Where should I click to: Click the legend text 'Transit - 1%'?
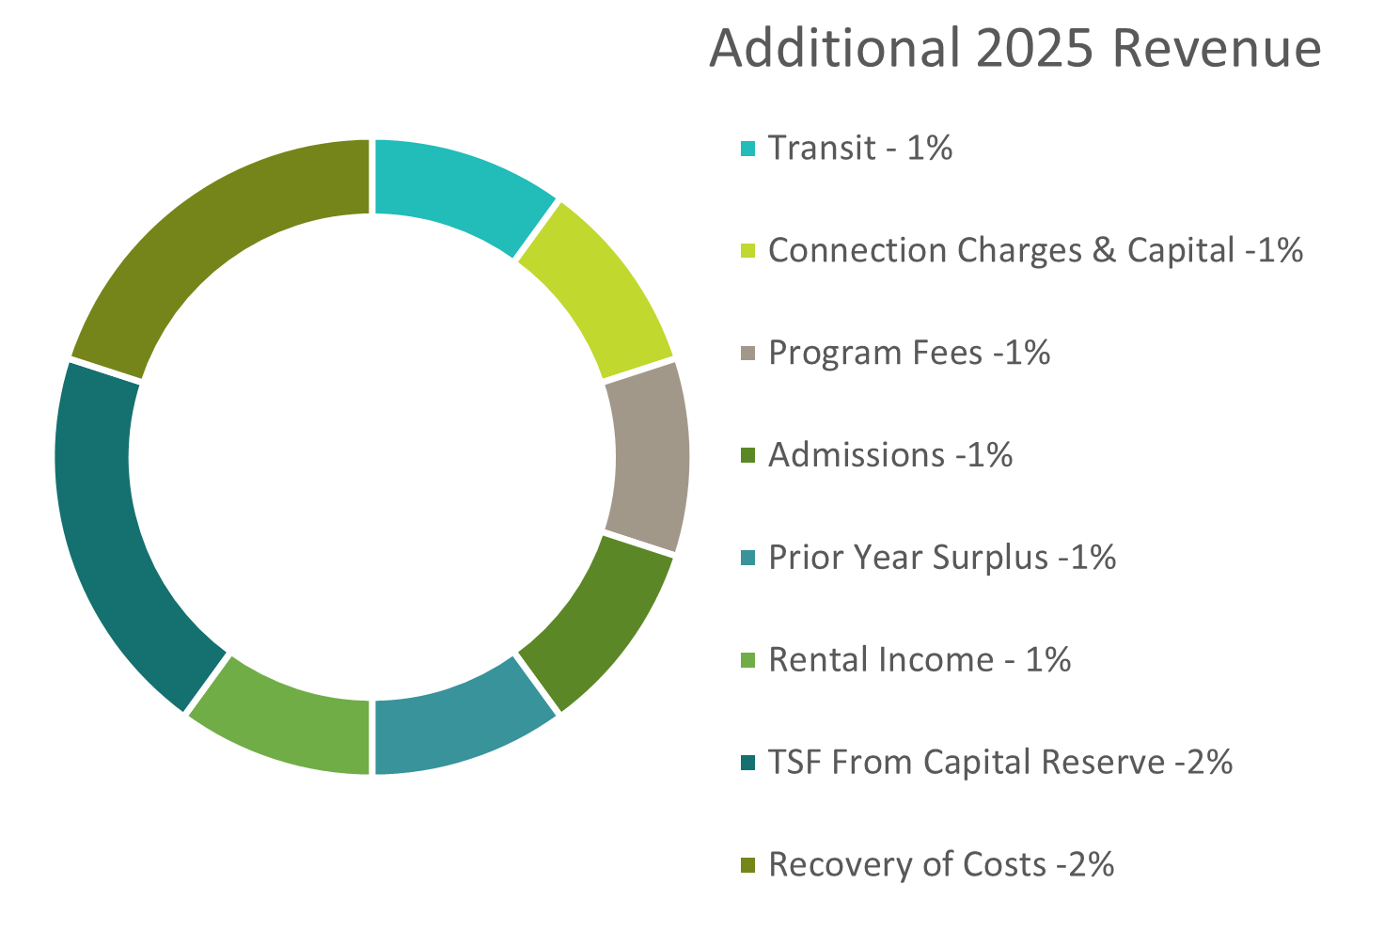tap(860, 148)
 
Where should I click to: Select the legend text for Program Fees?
tap(908, 353)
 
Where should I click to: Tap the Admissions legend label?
tap(889, 455)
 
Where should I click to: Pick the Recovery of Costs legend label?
tap(940, 864)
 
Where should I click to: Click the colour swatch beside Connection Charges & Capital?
tap(747, 251)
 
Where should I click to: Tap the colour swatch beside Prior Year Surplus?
tap(747, 559)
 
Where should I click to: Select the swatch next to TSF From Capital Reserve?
tap(747, 763)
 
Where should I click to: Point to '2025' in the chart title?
tap(1034, 47)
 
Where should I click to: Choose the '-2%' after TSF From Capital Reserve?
tap(1203, 762)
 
